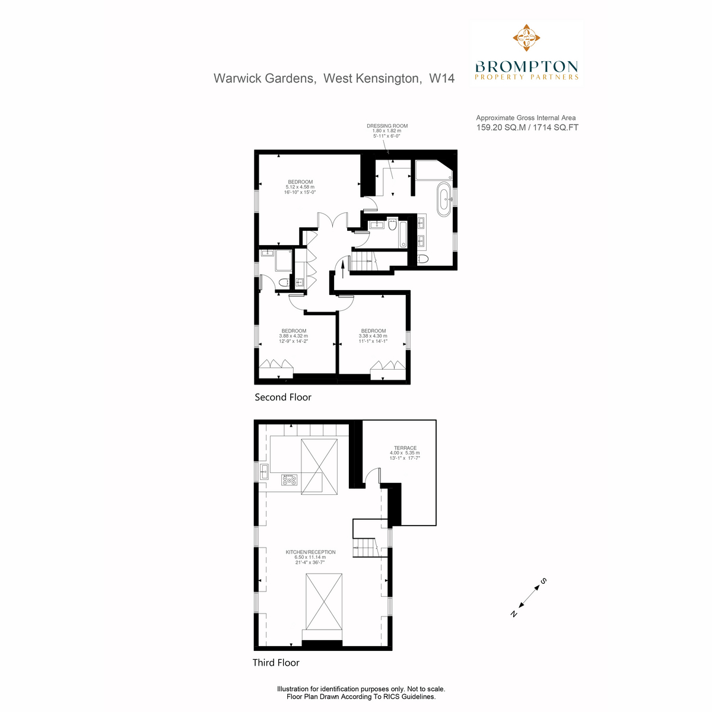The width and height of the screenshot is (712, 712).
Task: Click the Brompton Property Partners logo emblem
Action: pyautogui.click(x=526, y=37)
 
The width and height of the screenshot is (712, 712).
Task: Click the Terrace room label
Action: pyautogui.click(x=405, y=453)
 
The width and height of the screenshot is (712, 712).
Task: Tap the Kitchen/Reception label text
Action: pyautogui.click(x=310, y=557)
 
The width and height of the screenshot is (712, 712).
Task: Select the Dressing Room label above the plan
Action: pyautogui.click(x=387, y=131)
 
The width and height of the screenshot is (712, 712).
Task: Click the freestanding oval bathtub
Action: pyautogui.click(x=444, y=199)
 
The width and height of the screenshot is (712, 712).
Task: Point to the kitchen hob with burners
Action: pyautogui.click(x=289, y=479)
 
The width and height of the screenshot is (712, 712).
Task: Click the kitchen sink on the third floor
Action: pyautogui.click(x=264, y=471)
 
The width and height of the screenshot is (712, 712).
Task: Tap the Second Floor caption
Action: pyautogui.click(x=282, y=397)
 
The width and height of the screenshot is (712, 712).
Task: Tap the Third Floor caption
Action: pyautogui.click(x=276, y=663)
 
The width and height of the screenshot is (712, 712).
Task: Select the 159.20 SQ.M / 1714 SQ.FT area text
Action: pyautogui.click(x=527, y=128)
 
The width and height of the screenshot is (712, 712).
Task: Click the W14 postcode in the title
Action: pyautogui.click(x=441, y=78)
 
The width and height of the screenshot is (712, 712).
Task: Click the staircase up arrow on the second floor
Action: pyautogui.click(x=342, y=269)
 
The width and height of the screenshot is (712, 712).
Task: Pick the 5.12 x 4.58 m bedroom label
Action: pyautogui.click(x=300, y=187)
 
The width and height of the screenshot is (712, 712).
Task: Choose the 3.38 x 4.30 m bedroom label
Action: pyautogui.click(x=373, y=336)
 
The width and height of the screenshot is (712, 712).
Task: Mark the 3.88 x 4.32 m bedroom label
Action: pyautogui.click(x=293, y=336)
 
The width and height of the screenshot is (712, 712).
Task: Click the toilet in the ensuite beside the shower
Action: pyautogui.click(x=284, y=282)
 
